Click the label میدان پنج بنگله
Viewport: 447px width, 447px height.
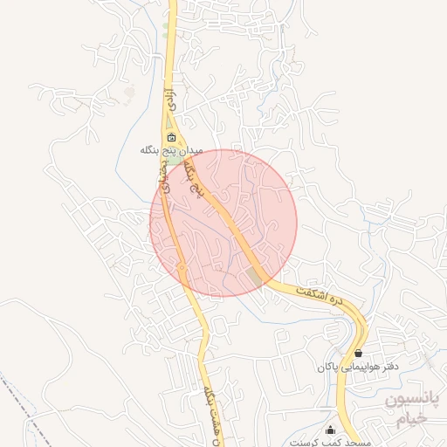171,150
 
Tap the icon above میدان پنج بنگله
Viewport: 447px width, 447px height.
171,137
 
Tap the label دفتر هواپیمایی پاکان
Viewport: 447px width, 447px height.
358,368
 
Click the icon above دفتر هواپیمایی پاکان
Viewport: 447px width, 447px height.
360,354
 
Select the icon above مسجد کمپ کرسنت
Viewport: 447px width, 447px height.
330,430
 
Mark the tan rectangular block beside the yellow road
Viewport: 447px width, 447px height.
254,275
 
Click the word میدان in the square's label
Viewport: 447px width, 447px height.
191,150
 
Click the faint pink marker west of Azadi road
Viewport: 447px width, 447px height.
130,90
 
